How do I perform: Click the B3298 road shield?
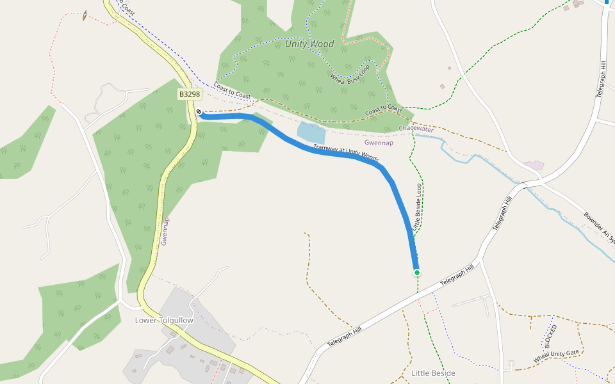[x=190, y=94]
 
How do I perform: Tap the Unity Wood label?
[x=309, y=44]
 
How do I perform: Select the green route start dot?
[x=416, y=273]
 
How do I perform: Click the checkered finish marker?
[x=199, y=112]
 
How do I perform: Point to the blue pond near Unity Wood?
[x=311, y=133]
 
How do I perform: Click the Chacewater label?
[x=416, y=129]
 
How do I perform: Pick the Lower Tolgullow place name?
[x=161, y=320]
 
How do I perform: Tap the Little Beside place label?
[x=433, y=373]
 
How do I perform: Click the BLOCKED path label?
[x=550, y=335]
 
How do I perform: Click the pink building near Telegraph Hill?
[x=534, y=165]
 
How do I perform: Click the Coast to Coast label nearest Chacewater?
[x=384, y=110]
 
